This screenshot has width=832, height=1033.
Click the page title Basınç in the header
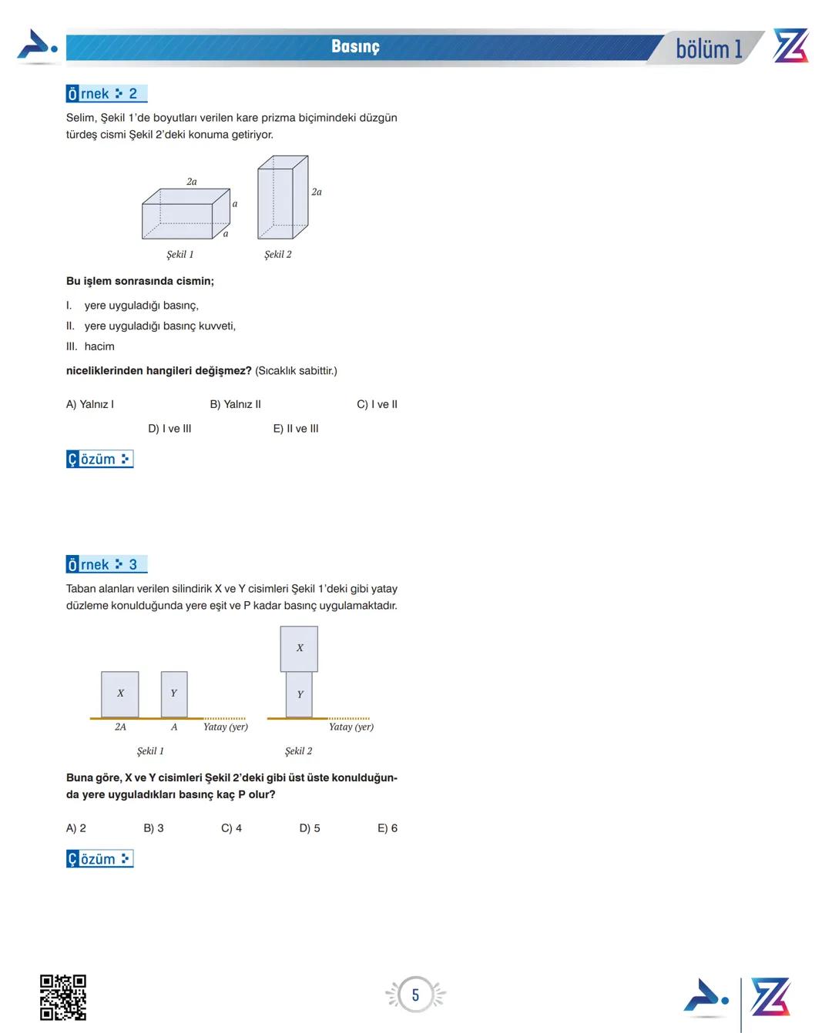coord(355,47)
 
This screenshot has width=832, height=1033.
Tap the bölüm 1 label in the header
coord(709,49)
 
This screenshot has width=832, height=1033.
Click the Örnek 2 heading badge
coord(106,94)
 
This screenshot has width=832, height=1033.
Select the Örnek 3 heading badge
coord(106,565)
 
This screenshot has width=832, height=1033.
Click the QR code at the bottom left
coord(63,997)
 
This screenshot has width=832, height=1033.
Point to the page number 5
coord(415,995)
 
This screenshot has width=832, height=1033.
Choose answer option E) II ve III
coord(296,429)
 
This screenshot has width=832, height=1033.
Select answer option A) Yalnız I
coord(90,404)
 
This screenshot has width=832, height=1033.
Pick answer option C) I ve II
coord(377,404)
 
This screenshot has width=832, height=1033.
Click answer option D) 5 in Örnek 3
coord(310,828)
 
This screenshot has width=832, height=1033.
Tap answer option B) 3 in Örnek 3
coord(153,828)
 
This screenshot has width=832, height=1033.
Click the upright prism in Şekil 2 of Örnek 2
coord(282,198)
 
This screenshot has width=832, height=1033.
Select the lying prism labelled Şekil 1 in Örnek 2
coord(185,215)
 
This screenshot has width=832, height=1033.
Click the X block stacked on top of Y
coord(299,648)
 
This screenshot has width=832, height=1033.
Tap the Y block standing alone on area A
coord(174,694)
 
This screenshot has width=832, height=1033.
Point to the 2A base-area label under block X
coord(120,727)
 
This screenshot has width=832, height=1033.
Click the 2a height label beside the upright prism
coord(317,192)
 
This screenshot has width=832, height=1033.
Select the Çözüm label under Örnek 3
coord(99,859)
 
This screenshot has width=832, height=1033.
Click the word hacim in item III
coord(99,346)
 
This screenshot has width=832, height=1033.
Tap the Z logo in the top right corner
coord(790,46)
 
